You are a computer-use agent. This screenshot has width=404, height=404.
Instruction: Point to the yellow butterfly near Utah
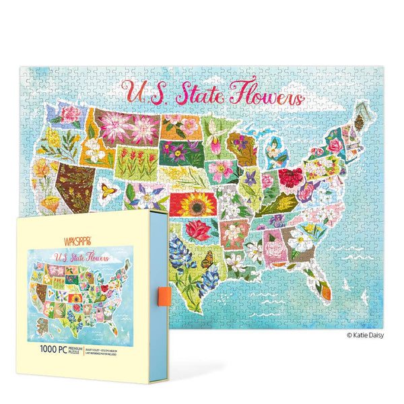tap(109, 192)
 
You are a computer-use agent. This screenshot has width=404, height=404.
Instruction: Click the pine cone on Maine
tap(359, 121)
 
